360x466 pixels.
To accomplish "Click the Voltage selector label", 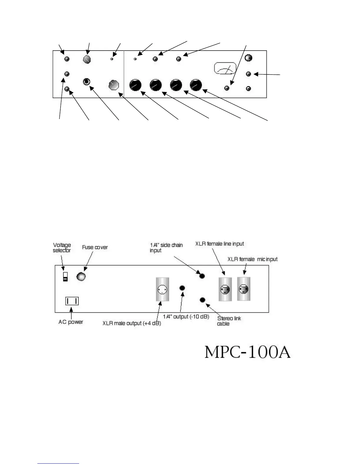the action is (62, 248).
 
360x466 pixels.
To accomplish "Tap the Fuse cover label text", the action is (95, 247).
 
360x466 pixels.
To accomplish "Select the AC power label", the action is (71, 322).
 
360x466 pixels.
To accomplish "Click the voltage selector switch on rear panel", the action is (66, 277).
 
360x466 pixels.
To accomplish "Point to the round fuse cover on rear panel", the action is (81, 276).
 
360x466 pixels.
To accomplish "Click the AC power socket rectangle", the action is (72, 301).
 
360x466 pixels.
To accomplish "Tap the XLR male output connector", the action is (163, 289).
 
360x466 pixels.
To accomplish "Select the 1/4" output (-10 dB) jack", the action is (182, 287).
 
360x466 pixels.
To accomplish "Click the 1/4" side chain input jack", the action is (202, 276).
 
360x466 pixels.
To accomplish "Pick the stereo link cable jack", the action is (202, 300).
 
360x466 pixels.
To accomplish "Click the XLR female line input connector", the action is (225, 289).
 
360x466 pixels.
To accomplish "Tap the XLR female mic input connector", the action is (244, 289).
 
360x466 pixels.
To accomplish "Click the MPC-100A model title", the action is (247, 352).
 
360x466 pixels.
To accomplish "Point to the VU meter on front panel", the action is (225, 69).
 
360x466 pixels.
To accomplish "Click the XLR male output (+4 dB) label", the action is (131, 323).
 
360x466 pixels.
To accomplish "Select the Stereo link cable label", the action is (229, 321).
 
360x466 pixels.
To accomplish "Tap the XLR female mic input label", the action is (252, 259).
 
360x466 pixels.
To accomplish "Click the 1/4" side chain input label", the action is (166, 248).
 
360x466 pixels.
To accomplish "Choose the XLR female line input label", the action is (219, 244).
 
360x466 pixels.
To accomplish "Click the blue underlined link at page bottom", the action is (58, 463).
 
